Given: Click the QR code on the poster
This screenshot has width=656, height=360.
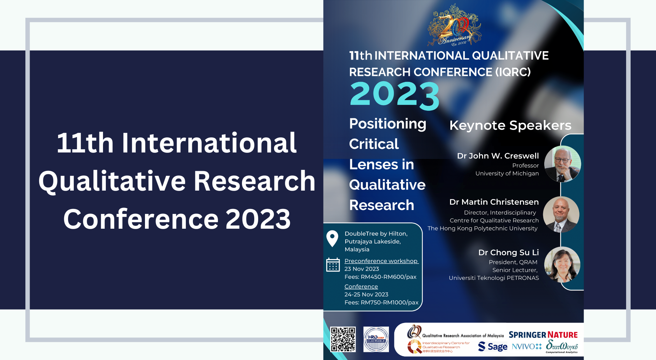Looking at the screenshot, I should (x=343, y=339).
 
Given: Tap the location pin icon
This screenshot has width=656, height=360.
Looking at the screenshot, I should (x=332, y=239).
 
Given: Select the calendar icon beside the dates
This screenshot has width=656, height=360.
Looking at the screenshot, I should (x=333, y=265).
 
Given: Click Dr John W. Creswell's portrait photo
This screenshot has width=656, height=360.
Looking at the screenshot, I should (x=562, y=164).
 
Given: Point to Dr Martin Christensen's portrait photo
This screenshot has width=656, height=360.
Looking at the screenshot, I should (x=561, y=214).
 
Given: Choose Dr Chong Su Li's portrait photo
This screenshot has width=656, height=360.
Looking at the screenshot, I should (x=562, y=265).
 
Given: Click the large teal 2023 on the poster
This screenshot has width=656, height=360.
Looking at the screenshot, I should (x=394, y=95).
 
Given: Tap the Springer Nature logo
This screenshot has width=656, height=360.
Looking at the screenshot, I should (x=543, y=335).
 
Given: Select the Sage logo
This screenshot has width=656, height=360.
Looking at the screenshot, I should (x=493, y=347).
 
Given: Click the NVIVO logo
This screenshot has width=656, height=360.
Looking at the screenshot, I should (x=527, y=347).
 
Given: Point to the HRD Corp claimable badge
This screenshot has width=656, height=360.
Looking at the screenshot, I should (x=376, y=339).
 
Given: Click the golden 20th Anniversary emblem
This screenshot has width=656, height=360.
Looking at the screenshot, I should (x=454, y=25).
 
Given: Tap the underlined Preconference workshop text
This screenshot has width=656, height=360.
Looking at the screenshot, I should (x=381, y=261).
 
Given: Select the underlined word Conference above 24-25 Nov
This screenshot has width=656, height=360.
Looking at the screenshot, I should (x=361, y=287).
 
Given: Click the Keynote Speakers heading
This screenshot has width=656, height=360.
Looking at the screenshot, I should (x=510, y=125).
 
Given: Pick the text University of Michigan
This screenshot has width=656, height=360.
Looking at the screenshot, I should (x=507, y=173).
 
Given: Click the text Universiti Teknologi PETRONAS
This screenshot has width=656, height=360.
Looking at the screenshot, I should (x=494, y=278).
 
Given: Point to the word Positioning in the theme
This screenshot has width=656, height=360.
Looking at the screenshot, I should (x=388, y=124).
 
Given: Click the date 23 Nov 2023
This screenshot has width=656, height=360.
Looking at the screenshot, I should (x=362, y=269).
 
